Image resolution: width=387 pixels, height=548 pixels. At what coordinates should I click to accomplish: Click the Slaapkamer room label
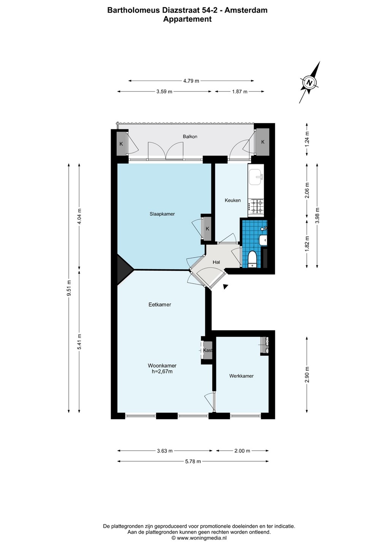coord(162,214)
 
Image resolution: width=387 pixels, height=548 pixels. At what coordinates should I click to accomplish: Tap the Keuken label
coord(233,200)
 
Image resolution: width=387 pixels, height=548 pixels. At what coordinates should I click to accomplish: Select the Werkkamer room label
coord(241,376)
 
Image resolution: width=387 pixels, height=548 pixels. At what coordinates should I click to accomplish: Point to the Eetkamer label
coord(160,304)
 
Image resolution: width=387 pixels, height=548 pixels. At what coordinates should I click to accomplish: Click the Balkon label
coord(190,137)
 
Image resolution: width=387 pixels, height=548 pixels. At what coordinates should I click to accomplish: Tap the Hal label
coord(216,262)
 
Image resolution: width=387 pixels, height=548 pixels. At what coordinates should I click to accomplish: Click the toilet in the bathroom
coord(252,259)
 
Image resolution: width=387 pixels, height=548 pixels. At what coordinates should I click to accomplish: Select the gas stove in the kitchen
coord(256,207)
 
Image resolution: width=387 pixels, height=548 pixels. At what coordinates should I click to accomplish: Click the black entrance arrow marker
coord(225,287)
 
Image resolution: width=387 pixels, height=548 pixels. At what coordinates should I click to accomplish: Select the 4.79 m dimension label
coord(191,81)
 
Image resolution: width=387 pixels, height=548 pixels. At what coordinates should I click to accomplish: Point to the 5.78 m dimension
coord(193,461)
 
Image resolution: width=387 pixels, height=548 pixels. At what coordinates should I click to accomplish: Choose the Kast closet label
coord(208,350)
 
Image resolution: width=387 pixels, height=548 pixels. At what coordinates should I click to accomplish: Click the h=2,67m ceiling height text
coord(162,371)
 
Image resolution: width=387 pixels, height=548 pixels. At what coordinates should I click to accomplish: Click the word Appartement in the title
coord(187,19)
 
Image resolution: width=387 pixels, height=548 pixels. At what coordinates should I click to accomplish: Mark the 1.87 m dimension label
coord(239,91)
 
